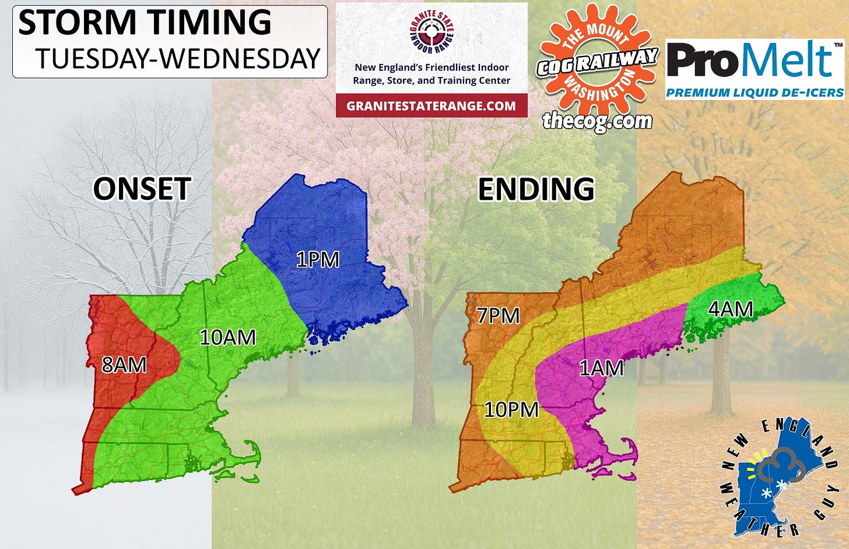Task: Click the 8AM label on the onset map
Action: (x=124, y=365)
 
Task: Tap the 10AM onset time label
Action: (x=227, y=337)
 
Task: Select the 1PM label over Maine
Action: (x=317, y=259)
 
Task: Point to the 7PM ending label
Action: (x=498, y=315)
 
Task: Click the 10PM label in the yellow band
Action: (x=511, y=409)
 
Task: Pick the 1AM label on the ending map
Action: (x=601, y=368)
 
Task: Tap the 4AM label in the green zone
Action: (x=730, y=309)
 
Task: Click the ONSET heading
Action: (x=142, y=189)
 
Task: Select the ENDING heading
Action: (x=536, y=189)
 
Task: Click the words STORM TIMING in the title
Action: (x=145, y=22)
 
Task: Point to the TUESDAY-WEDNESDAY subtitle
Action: (x=178, y=59)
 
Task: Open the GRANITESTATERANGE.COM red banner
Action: (x=431, y=106)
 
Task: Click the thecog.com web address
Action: (x=597, y=121)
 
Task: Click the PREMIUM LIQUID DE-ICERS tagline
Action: (x=755, y=93)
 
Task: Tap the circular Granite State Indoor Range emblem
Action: (x=431, y=32)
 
